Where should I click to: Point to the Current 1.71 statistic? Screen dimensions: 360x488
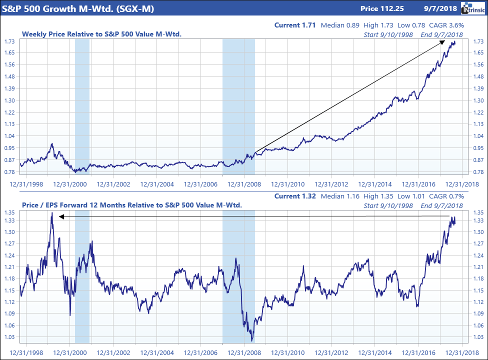pyautogui.click(x=295, y=25)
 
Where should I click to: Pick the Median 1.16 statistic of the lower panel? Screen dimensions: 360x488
pyautogui.click(x=336, y=196)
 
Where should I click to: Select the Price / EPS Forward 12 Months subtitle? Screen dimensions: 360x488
pyautogui.click(x=131, y=205)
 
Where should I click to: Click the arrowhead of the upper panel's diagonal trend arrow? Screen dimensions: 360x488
pyautogui.click(x=443, y=41)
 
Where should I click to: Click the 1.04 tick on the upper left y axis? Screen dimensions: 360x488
pyautogui.click(x=9, y=136)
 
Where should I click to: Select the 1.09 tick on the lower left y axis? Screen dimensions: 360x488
pyautogui.click(x=9, y=313)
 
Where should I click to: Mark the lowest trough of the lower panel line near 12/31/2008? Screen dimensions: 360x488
pyautogui.click(x=252, y=340)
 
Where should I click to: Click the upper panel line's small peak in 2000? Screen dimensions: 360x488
pyautogui.click(x=51, y=144)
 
